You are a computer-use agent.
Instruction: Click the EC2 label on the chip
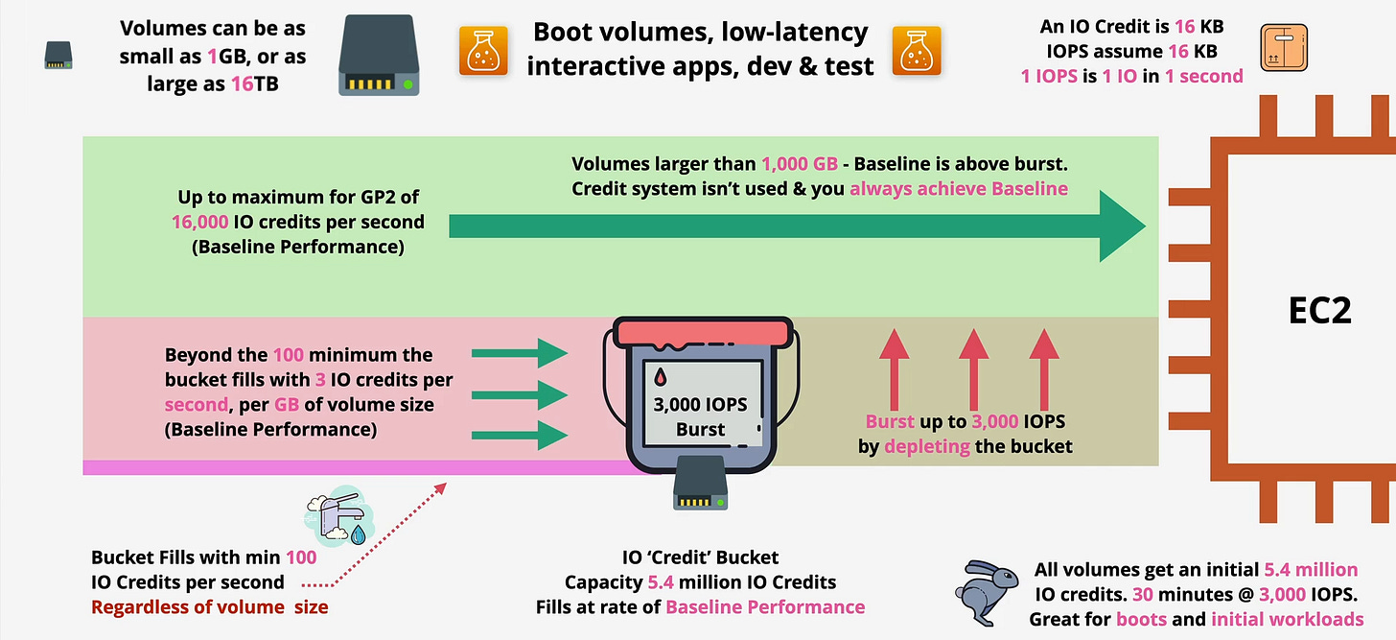pos(1319,312)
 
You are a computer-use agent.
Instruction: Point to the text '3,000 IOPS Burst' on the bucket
pos(701,415)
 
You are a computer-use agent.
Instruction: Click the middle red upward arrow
pos(973,368)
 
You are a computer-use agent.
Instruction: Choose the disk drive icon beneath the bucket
pos(699,483)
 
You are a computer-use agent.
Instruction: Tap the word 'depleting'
pos(926,446)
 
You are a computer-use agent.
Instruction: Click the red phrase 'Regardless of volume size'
pos(209,606)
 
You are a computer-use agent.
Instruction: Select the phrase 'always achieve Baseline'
pos(959,189)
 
